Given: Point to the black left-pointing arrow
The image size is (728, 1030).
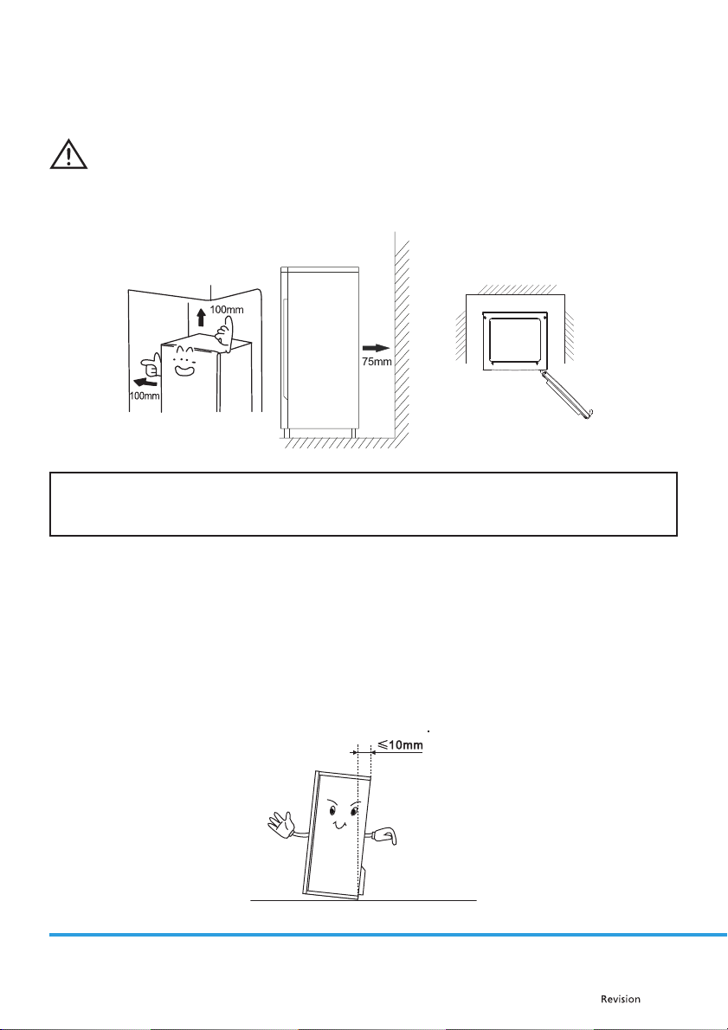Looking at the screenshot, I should click(138, 378).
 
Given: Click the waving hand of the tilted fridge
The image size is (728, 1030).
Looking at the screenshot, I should click(280, 822).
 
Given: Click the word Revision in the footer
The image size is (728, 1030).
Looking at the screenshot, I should click(622, 999).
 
